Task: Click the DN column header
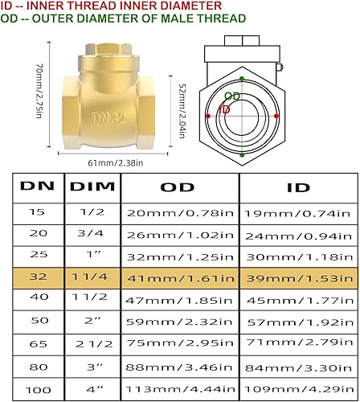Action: pyautogui.click(x=39, y=186)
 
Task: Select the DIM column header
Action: pyautogui.click(x=92, y=186)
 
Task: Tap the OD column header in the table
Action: pyautogui.click(x=178, y=186)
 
